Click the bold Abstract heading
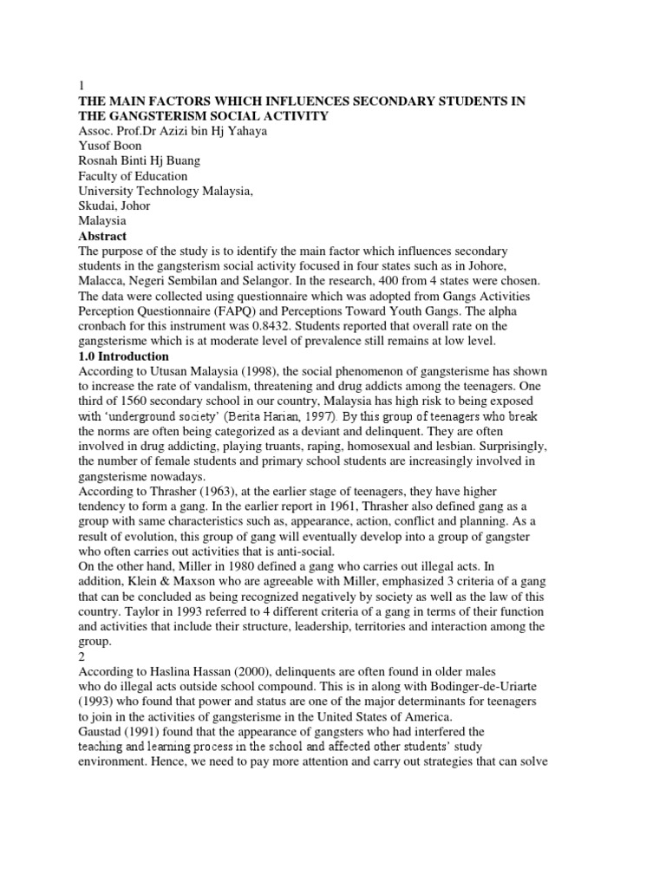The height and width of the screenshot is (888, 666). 102,237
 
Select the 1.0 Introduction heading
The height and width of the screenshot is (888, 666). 124,356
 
